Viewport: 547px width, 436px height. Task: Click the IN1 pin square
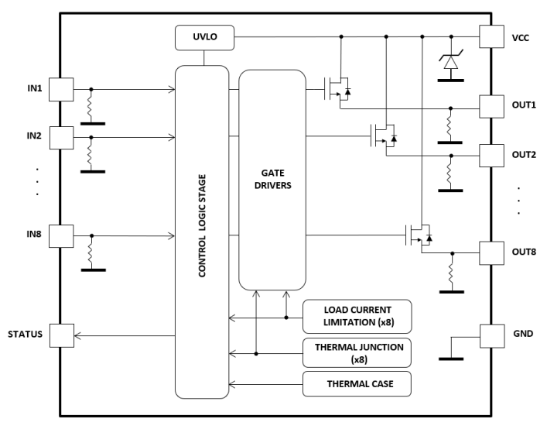tap(61, 89)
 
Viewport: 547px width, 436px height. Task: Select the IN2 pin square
tap(61, 137)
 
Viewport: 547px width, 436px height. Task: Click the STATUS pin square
tap(61, 335)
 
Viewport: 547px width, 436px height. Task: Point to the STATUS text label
tap(24, 335)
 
